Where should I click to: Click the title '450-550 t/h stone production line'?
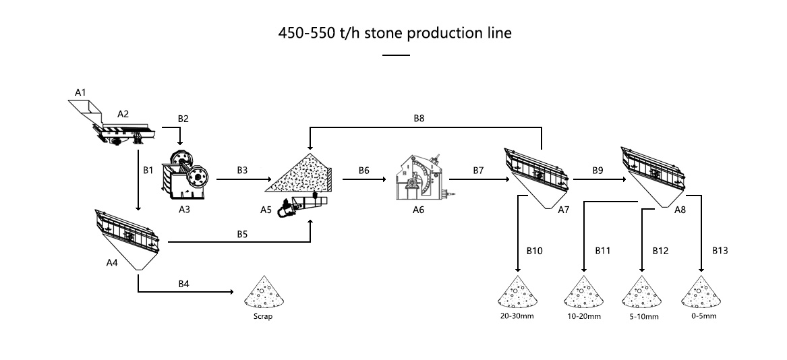395,33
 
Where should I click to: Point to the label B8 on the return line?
419,118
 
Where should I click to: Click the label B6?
363,171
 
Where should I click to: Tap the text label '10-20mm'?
583,316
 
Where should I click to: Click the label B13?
720,250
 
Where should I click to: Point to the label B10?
534,250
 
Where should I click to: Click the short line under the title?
395,55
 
